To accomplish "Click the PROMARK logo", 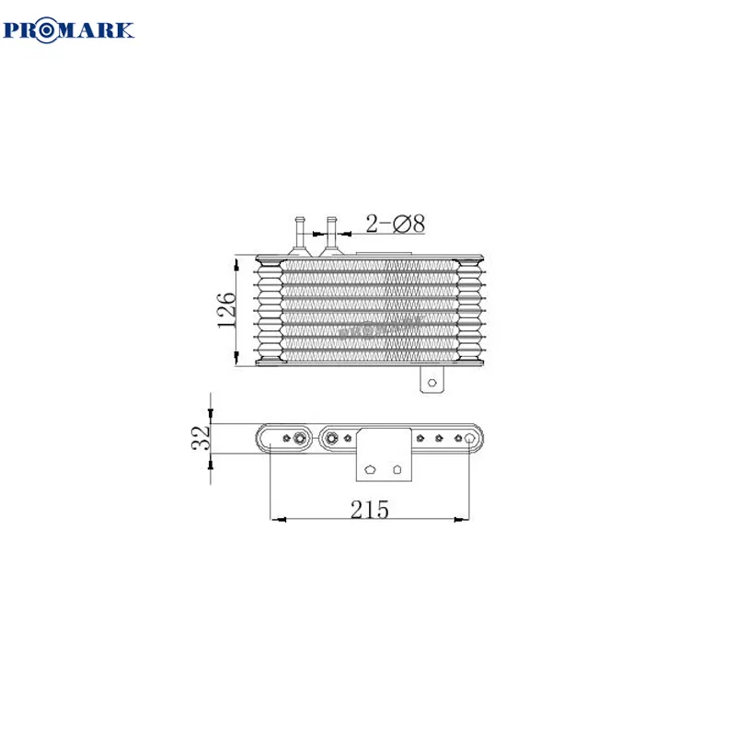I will [x=70, y=29].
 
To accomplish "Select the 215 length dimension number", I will [x=370, y=508].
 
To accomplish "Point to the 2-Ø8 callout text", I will [x=395, y=223].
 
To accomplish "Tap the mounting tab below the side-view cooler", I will [x=432, y=379].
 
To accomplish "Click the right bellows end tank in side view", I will [x=472, y=311].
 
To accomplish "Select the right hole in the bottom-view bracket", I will [x=397, y=468].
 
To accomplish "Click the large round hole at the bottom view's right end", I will [x=472, y=438].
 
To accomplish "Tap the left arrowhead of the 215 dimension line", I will [x=276, y=520].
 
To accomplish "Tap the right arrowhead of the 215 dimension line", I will [x=465, y=520].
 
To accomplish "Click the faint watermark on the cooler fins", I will [x=377, y=324].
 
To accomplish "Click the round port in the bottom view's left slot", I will [x=299, y=438].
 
